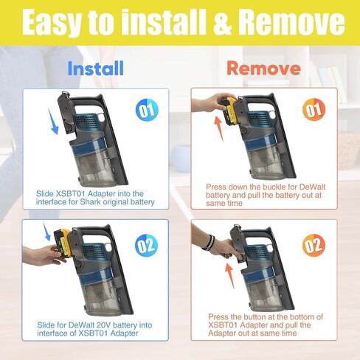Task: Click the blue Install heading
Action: tap(95, 69)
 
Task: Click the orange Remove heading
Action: tap(263, 68)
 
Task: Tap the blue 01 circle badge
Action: tap(147, 110)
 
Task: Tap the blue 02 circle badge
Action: tap(146, 246)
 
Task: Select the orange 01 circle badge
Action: tap(314, 110)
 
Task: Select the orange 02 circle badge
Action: tap(314, 246)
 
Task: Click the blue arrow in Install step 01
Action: tap(53, 122)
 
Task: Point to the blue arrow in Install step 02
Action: tap(46, 232)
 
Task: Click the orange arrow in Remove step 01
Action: tap(218, 128)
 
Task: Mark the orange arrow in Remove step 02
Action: tap(229, 276)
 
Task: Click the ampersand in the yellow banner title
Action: tap(222, 23)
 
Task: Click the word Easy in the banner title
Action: tap(52, 24)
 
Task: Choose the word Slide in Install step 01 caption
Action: tap(45, 194)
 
